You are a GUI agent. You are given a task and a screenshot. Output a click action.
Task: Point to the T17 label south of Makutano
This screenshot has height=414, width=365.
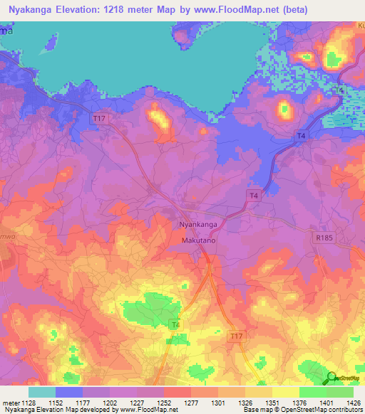pyautogui.click(x=236, y=334)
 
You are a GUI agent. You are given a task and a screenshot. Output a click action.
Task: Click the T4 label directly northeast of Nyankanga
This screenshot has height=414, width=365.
pyautogui.click(x=253, y=195)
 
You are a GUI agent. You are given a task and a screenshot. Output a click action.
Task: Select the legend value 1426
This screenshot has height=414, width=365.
pyautogui.click(x=354, y=403)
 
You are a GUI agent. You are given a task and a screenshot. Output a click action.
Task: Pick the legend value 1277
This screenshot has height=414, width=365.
pyautogui.click(x=191, y=403)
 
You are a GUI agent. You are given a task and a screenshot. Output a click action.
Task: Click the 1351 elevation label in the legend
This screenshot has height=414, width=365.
pyautogui.click(x=272, y=403)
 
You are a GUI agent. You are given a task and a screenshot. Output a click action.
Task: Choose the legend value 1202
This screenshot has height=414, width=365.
pyautogui.click(x=110, y=403)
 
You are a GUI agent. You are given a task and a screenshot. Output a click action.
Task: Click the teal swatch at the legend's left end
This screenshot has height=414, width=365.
pyautogui.click(x=42, y=392)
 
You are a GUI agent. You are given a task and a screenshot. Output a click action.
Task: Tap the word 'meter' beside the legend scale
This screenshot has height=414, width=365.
pyautogui.click(x=10, y=403)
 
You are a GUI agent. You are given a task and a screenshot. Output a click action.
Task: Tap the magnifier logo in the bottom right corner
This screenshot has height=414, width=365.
pyautogui.click(x=331, y=378)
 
